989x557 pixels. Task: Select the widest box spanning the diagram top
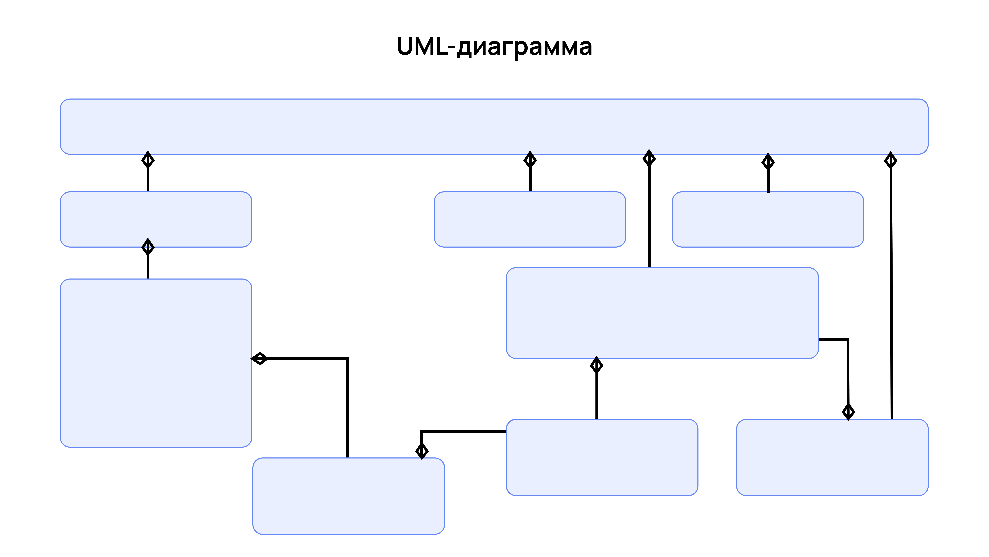(494, 126)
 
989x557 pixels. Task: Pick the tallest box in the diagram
(156, 363)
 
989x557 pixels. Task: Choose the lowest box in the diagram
(348, 496)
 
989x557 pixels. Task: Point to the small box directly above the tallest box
(156, 219)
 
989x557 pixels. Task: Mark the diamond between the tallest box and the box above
(148, 247)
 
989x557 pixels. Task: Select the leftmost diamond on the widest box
(148, 159)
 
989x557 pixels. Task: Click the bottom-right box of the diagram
(832, 457)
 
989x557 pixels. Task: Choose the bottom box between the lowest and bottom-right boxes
(602, 457)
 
